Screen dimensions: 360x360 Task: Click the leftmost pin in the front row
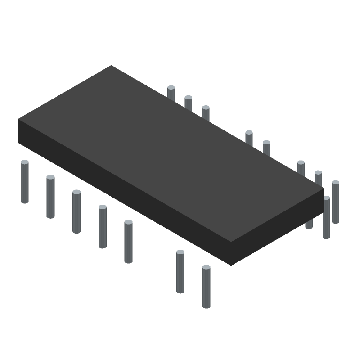coord(25,182)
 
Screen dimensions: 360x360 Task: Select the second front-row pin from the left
coord(50,197)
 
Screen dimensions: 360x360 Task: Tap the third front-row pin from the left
coord(76,212)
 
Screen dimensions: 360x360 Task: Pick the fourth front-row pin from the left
coord(103,227)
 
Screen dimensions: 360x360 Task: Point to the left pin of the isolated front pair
coord(180,272)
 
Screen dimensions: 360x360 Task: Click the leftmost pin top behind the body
coord(171,93)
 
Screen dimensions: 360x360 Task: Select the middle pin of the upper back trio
coord(188,103)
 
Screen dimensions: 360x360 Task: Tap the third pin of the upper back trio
coord(206,112)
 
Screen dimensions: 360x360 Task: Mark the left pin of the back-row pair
coord(249,137)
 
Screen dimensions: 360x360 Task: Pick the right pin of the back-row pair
coord(266,147)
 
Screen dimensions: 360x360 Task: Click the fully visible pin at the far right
coord(335,202)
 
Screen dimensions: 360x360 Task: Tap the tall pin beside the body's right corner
coord(326,218)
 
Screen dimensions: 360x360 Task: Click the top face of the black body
coord(171,153)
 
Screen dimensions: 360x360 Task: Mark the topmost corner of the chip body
coord(111,66)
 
